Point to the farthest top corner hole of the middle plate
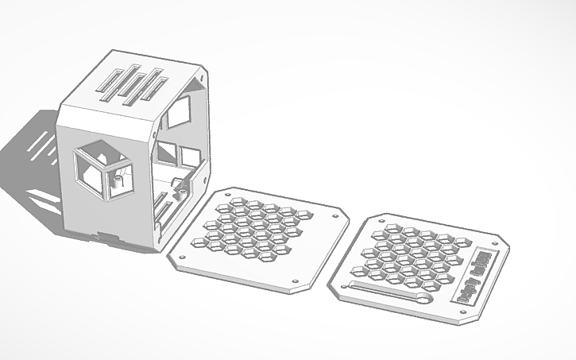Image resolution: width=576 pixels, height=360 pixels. point(239,193)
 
